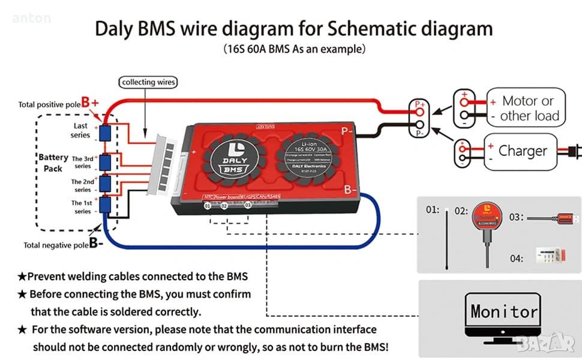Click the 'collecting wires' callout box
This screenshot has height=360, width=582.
(x=149, y=82)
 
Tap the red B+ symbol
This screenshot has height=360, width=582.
(x=90, y=103)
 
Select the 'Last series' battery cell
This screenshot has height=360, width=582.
(x=105, y=133)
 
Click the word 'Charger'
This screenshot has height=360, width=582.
(x=523, y=152)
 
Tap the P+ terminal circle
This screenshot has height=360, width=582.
(x=419, y=110)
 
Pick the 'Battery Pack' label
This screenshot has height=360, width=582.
(x=53, y=163)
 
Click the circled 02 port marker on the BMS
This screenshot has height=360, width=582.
(x=224, y=206)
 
